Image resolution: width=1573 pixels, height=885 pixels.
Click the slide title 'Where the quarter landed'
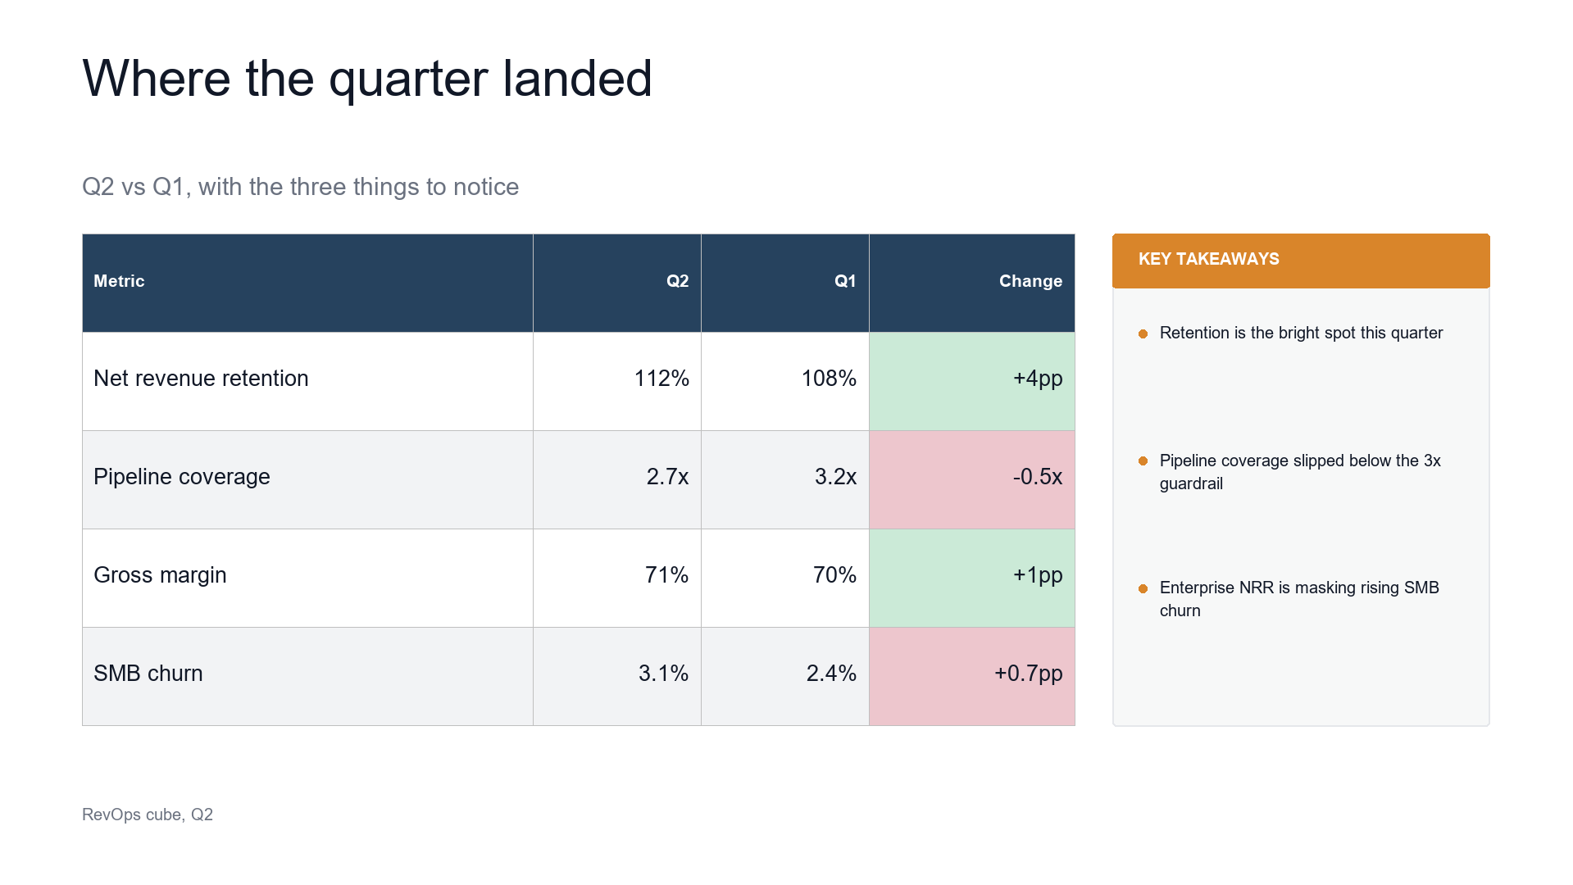click(x=367, y=79)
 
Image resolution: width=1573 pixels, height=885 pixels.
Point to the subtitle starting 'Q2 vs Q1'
click(x=300, y=187)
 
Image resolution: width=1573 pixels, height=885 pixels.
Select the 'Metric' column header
click(x=119, y=281)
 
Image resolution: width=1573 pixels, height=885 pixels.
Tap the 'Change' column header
click(x=1030, y=281)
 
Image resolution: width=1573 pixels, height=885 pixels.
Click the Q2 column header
click(x=677, y=281)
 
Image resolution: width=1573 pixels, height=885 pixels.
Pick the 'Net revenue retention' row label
click(x=201, y=379)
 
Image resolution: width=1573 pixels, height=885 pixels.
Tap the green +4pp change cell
click(x=972, y=381)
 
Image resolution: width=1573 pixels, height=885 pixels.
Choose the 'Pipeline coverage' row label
click(x=182, y=477)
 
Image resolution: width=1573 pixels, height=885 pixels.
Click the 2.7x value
click(x=667, y=477)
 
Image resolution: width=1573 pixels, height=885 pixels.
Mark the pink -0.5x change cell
click(x=972, y=479)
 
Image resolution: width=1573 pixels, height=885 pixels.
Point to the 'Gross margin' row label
click(x=160, y=575)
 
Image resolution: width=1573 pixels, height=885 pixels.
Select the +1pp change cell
click(x=972, y=578)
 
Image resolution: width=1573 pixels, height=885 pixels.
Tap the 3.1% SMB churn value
click(x=663, y=674)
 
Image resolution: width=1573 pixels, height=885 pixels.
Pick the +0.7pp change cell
click(x=972, y=676)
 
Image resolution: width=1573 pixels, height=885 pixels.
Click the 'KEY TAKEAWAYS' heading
click(x=1208, y=259)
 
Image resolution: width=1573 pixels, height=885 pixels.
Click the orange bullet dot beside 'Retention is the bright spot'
click(x=1143, y=334)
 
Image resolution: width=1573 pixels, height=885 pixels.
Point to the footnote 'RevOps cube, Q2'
click(x=148, y=815)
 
